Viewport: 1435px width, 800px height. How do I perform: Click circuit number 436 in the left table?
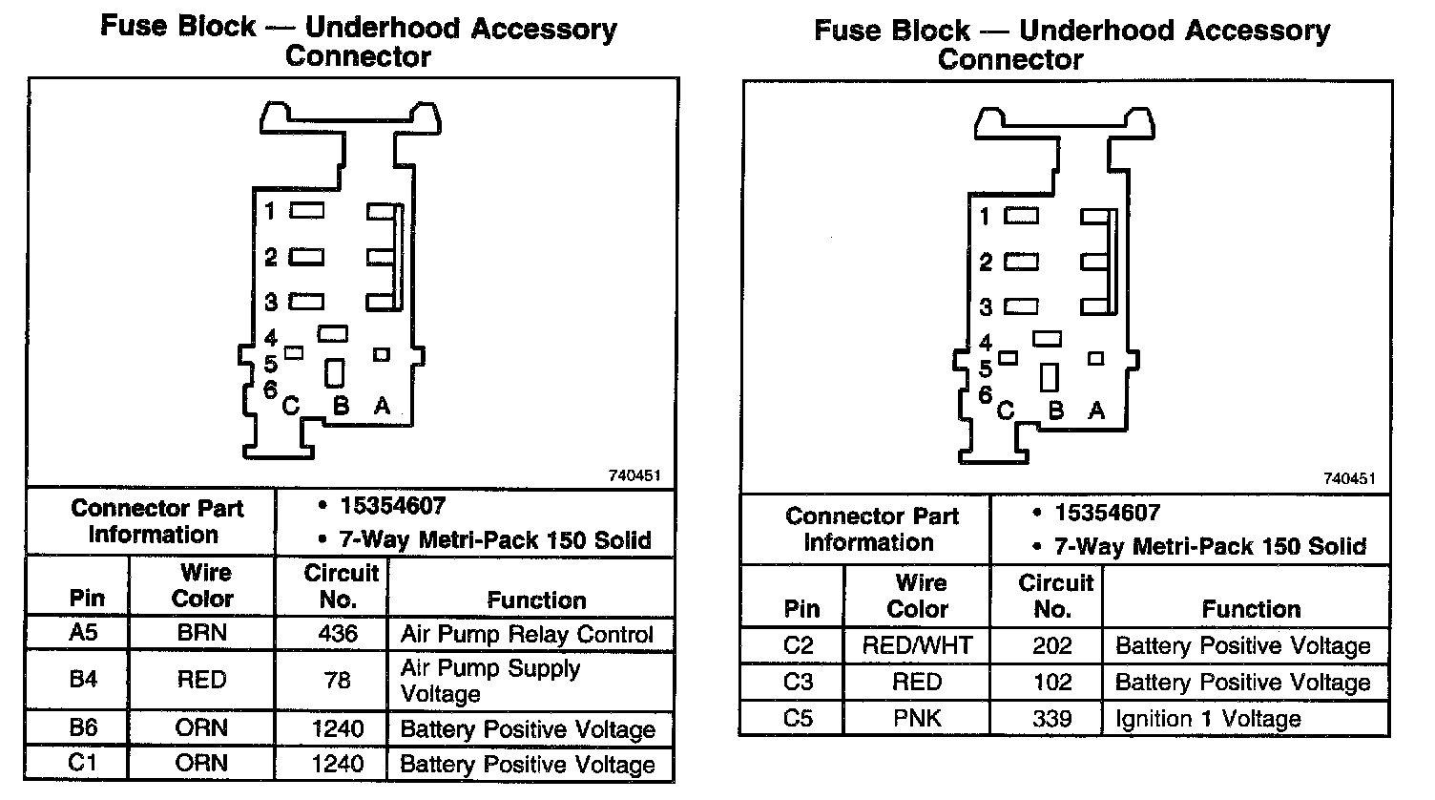pos(338,634)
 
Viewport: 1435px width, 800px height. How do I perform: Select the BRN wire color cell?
pos(201,634)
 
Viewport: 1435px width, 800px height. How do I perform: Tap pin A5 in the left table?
pos(83,634)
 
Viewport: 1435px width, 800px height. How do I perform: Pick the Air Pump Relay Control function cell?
pos(527,635)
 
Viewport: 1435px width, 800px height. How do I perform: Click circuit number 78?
pos(338,680)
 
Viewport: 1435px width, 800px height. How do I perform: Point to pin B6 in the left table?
pos(83,728)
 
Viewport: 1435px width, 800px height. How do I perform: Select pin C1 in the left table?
pos(83,763)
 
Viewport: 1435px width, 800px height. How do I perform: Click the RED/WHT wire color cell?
pos(917,645)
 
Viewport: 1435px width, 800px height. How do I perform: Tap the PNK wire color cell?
pos(917,718)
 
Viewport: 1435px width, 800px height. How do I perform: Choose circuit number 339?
pos(1052,718)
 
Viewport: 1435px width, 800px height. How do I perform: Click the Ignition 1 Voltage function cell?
pos(1208,719)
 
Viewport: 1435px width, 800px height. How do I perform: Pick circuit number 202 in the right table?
pos(1052,645)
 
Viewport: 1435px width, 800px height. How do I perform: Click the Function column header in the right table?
pos(1251,609)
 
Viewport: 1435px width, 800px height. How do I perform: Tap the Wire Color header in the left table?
pos(202,585)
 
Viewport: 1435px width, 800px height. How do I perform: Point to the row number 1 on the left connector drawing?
pos(271,210)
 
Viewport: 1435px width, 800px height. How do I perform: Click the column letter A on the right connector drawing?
pos(1096,411)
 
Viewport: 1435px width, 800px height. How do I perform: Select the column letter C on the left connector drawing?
pos(291,406)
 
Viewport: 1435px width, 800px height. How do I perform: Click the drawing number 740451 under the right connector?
pos(1349,479)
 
